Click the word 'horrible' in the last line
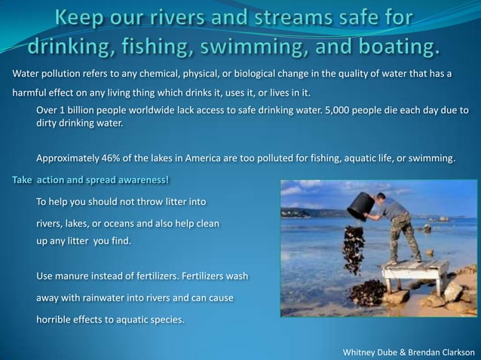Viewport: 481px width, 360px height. click(x=56, y=319)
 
